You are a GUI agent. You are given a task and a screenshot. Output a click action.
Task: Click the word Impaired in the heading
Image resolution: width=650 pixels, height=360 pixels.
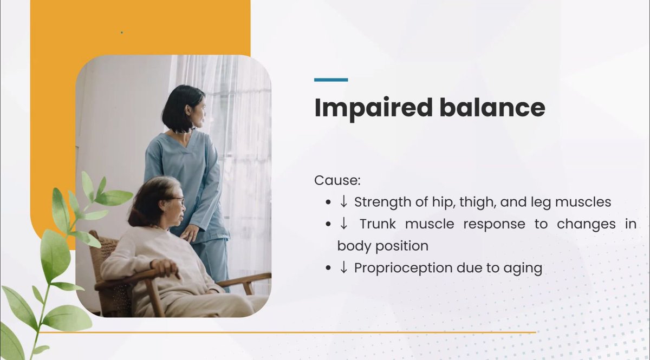373,108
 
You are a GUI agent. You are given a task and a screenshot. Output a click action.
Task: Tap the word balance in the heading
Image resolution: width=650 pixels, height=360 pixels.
492,107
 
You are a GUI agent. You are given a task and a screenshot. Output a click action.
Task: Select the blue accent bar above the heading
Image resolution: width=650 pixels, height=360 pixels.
331,80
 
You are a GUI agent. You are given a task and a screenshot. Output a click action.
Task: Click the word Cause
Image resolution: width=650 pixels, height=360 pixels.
337,180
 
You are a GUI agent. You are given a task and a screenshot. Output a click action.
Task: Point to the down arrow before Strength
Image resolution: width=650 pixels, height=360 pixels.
343,201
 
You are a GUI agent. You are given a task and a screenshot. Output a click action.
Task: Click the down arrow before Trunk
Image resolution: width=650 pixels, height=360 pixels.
343,224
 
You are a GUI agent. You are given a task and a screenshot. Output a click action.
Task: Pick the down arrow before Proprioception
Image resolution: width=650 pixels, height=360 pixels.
343,267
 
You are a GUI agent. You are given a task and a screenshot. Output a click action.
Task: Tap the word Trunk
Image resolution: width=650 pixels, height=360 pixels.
378,224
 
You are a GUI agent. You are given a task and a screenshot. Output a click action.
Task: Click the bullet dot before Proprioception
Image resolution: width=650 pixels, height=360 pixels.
328,268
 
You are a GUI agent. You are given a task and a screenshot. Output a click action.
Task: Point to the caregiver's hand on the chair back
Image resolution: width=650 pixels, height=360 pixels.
189,233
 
